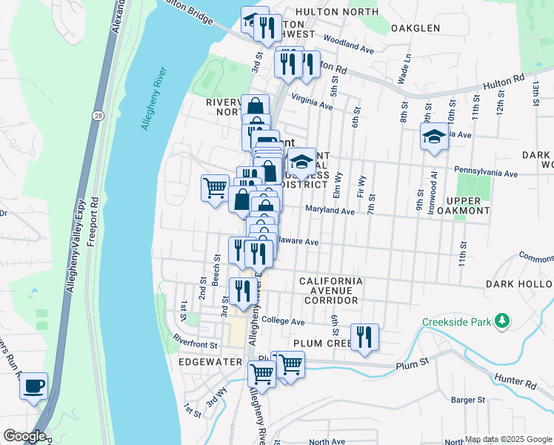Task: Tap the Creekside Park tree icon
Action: pyautogui.click(x=503, y=320)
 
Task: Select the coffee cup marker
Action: pyautogui.click(x=33, y=386)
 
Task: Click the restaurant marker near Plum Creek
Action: pyautogui.click(x=364, y=337)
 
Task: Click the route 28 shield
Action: pyautogui.click(x=98, y=115)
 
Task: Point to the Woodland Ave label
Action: pyautogui.click(x=348, y=46)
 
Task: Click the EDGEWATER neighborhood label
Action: pyautogui.click(x=210, y=361)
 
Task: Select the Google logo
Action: pyautogui.click(x=24, y=436)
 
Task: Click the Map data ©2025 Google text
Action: pyautogui.click(x=507, y=439)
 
